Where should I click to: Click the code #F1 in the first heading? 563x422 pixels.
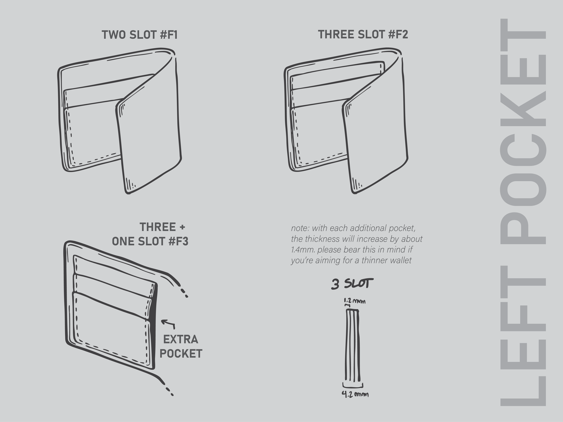tap(169, 35)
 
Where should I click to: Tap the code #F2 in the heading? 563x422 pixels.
tap(398, 35)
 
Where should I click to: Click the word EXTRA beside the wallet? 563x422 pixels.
tap(180, 339)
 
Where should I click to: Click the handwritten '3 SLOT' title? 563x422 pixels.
tap(352, 284)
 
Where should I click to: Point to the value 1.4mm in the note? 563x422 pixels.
tap(303, 250)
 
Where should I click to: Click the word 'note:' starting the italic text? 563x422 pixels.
tap(300, 228)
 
